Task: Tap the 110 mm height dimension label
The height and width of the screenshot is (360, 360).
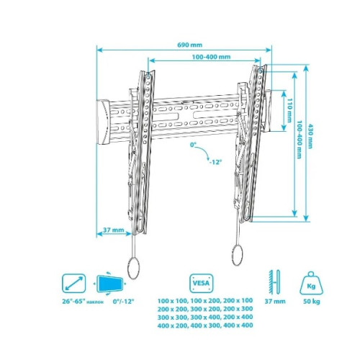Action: (290, 110)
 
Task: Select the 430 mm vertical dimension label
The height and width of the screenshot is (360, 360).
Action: (310, 136)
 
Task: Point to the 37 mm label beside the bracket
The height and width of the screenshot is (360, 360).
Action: (114, 230)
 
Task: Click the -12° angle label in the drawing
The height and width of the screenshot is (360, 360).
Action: (215, 162)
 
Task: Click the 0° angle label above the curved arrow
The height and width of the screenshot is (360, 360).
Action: (193, 145)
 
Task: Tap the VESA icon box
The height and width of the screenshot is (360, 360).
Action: (202, 283)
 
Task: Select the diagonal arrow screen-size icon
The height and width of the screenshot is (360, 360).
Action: (73, 283)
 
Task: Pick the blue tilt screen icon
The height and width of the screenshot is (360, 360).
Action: (109, 284)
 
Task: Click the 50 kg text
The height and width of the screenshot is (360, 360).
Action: (312, 302)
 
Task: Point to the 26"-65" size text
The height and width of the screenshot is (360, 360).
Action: (74, 301)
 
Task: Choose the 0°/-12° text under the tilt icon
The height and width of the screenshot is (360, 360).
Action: (123, 301)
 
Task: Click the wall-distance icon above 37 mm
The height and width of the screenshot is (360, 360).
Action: (274, 282)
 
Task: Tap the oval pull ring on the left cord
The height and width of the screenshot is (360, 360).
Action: (133, 268)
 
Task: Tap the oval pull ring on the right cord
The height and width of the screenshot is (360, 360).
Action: (238, 254)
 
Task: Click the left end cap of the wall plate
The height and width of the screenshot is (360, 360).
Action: (103, 122)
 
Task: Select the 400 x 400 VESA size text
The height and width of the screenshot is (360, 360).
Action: (238, 325)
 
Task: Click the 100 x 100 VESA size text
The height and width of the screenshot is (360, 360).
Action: (172, 300)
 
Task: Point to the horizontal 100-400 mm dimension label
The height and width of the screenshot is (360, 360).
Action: (211, 57)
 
